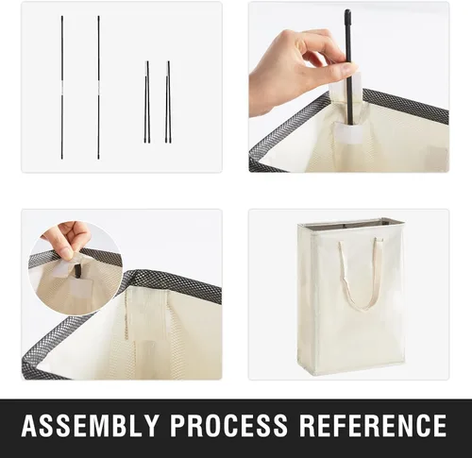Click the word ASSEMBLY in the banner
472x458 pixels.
[x=90, y=425]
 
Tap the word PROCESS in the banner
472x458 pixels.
[x=228, y=425]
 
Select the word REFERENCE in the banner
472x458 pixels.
[x=373, y=425]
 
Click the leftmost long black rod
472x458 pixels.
[x=62, y=87]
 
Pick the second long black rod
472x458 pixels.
[x=98, y=87]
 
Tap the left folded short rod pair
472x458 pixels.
[x=147, y=102]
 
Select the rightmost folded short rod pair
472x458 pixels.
[x=168, y=102]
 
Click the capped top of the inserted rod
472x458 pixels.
[x=347, y=16]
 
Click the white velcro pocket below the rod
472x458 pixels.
[x=348, y=131]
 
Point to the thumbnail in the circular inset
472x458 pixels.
[x=66, y=253]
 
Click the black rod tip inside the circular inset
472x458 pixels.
[x=77, y=271]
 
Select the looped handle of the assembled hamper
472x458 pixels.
[x=362, y=275]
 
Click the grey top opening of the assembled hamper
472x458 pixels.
[x=351, y=225]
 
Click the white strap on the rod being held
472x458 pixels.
[x=357, y=82]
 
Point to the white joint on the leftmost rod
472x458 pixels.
[x=62, y=91]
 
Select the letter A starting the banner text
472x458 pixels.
[x=29, y=425]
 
